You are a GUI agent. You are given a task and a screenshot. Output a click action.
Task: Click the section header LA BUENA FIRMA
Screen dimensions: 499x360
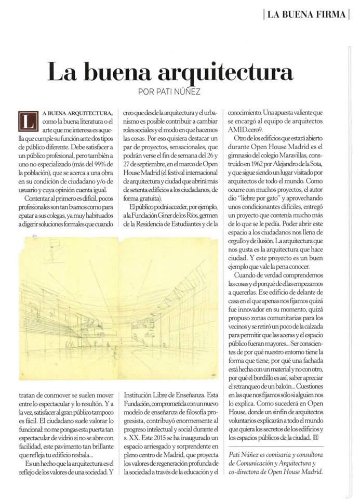coord(308,14)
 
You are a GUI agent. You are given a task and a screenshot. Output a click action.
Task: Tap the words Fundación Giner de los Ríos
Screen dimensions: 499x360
coord(161,215)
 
